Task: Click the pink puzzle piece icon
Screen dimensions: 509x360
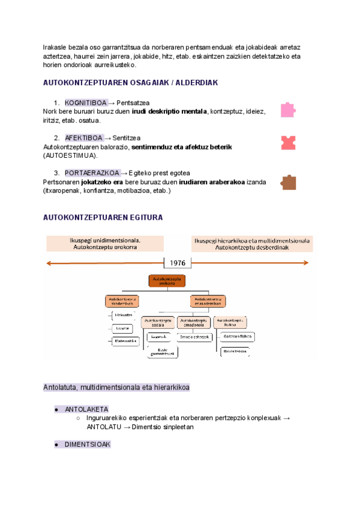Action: coord(288,110)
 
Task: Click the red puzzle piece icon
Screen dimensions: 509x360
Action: coord(288,142)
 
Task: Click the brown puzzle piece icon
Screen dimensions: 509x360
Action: coord(288,182)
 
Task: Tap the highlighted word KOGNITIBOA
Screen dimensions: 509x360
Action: coord(86,103)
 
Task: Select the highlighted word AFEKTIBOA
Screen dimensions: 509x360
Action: coord(84,138)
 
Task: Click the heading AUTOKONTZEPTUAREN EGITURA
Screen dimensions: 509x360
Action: coord(103,217)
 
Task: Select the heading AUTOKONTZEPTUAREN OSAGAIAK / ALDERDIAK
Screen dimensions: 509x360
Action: coord(131,82)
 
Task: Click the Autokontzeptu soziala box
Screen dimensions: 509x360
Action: coord(158,322)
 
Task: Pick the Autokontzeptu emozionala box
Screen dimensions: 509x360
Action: coord(194,322)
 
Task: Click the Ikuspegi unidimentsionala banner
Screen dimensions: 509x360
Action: coord(106,243)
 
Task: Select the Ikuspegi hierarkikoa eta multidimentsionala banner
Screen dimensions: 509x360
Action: coord(252,243)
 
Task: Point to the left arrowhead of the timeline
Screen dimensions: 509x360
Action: coord(50,262)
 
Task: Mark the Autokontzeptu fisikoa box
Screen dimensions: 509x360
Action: coord(230,322)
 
